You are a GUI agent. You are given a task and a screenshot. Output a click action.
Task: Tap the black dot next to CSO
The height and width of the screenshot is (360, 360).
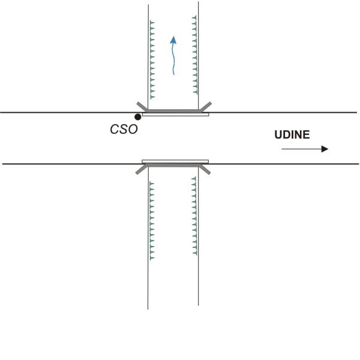[138, 116]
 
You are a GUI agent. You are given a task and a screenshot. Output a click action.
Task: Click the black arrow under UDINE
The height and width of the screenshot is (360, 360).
[305, 149]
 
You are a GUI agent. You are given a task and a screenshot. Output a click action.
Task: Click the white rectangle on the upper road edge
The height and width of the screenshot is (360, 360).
[175, 114]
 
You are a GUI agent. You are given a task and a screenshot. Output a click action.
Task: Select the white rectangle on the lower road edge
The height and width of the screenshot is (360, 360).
[175, 161]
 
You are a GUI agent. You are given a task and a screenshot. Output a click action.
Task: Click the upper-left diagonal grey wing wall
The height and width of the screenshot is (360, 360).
[142, 106]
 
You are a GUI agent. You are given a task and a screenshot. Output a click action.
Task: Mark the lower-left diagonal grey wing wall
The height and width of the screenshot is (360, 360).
[142, 169]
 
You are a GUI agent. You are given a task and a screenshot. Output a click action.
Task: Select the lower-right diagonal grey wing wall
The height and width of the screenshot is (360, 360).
[205, 169]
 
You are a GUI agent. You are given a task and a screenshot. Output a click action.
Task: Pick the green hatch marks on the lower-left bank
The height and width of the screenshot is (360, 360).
[152, 219]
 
